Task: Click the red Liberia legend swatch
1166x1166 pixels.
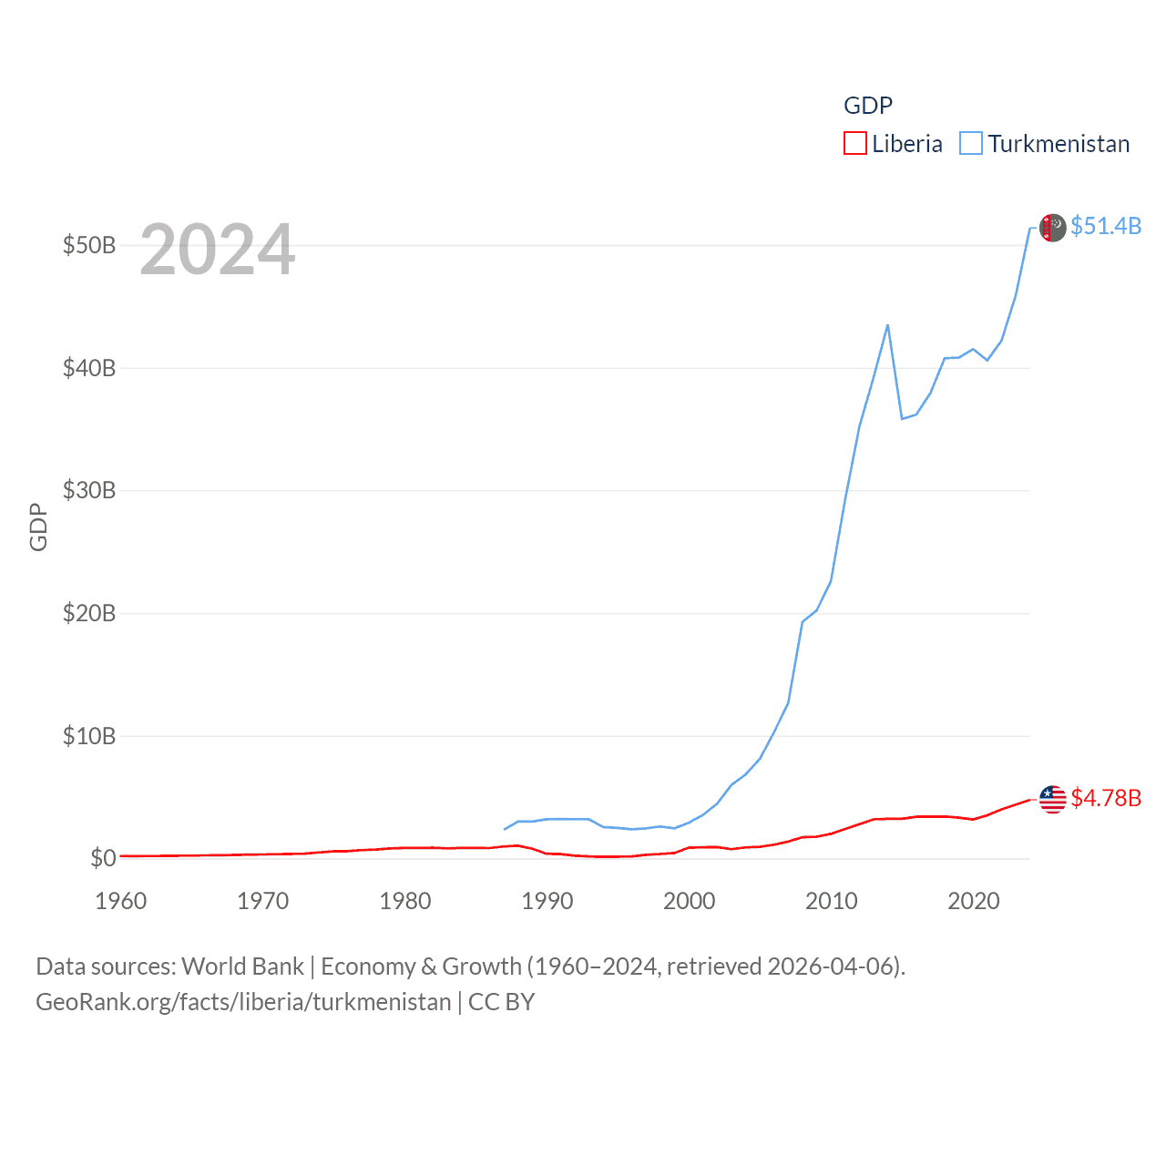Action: pyautogui.click(x=854, y=144)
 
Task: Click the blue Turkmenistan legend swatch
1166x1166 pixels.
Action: pyautogui.click(x=971, y=144)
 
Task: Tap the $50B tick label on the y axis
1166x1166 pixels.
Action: pyautogui.click(x=89, y=246)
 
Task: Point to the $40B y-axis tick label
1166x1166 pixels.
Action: pyautogui.click(x=89, y=368)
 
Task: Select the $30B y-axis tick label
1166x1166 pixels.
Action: pyautogui.click(x=89, y=491)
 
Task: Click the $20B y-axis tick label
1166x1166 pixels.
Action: pyautogui.click(x=89, y=613)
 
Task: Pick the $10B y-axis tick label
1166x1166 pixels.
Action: pyautogui.click(x=89, y=736)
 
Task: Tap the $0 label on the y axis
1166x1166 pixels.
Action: pyautogui.click(x=103, y=858)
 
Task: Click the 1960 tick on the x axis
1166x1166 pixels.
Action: pyautogui.click(x=121, y=901)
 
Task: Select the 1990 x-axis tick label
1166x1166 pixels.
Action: pyautogui.click(x=547, y=901)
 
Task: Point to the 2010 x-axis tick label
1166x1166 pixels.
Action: pyautogui.click(x=832, y=901)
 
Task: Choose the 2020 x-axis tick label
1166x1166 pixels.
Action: pyautogui.click(x=974, y=901)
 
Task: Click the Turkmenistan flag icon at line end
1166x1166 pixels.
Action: pyautogui.click(x=1052, y=228)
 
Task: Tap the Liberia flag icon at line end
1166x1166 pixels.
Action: pyautogui.click(x=1052, y=799)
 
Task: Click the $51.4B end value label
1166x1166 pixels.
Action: pyautogui.click(x=1106, y=226)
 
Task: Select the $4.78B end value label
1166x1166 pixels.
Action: pyautogui.click(x=1106, y=798)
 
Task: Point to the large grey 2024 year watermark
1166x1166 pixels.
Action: pyautogui.click(x=218, y=250)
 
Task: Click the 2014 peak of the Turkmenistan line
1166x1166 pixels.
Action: pyautogui.click(x=887, y=325)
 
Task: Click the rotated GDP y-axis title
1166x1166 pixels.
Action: pyautogui.click(x=38, y=527)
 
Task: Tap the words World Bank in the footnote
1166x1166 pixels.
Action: pyautogui.click(x=243, y=967)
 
